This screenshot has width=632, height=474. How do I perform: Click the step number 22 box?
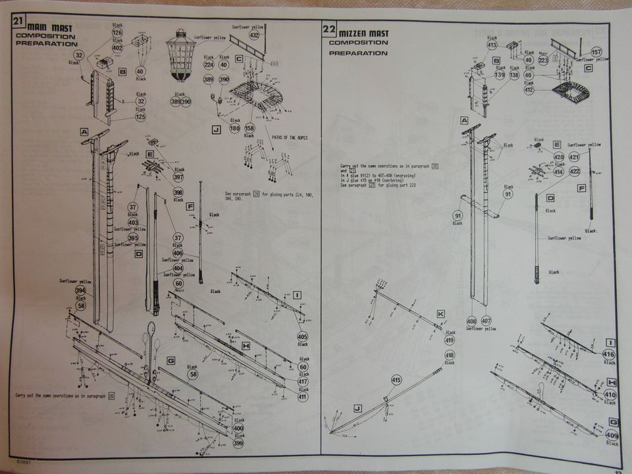pos(329,29)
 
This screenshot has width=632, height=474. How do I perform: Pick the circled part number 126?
pos(117,33)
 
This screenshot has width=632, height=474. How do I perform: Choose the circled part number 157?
pos(596,52)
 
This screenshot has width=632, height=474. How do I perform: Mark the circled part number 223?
pos(543,61)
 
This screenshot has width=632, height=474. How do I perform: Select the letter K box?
pos(440,313)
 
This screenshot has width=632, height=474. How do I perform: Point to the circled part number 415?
pos(396,380)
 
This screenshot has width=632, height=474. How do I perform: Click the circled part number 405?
pos(303,336)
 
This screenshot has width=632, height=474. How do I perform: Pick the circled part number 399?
pos(239,444)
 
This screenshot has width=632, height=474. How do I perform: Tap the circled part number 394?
pos(80,290)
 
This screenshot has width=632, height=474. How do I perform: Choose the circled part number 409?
pos(612,435)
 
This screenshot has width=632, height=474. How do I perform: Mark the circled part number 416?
pos(609,354)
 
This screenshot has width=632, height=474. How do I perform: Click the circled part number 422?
pos(573,172)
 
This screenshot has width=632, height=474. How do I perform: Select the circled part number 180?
pos(234,128)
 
